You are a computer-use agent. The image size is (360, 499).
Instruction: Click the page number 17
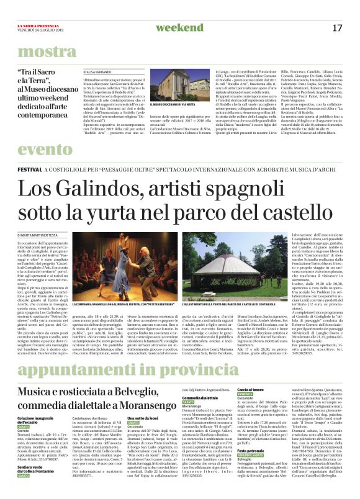point(338,28)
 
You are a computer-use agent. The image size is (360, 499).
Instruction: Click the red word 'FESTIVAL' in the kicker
point(29,169)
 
